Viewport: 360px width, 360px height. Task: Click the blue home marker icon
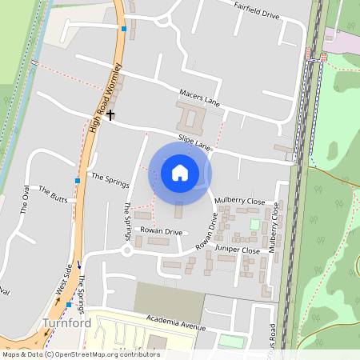pos(179,172)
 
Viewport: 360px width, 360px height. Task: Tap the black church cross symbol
pos(110,115)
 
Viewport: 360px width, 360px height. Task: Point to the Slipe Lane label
pos(194,143)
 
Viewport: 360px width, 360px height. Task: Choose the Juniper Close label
pos(238,250)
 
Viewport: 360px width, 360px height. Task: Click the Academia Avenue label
pos(176,322)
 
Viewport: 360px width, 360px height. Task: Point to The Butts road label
pos(54,195)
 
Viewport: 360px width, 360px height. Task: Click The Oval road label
pos(26,199)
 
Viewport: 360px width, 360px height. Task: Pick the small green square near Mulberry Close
pos(255,224)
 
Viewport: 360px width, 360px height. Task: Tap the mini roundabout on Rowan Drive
pos(127,250)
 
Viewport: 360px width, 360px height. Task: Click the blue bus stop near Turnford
pos(70,305)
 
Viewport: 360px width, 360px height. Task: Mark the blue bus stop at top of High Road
pos(124,29)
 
